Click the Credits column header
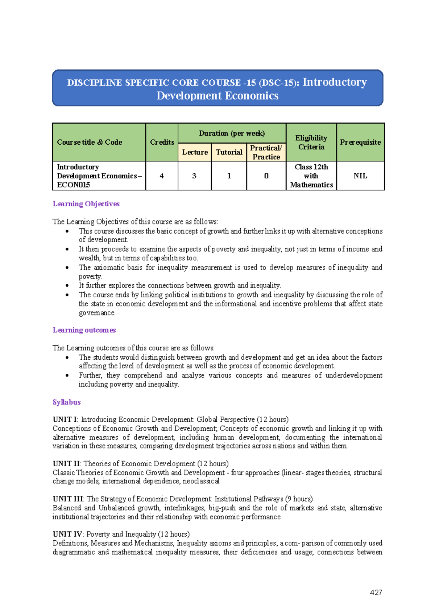point(162,142)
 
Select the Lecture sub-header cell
point(195,152)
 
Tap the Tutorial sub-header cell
point(229,152)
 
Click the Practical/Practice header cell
point(266,152)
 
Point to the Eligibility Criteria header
point(311,142)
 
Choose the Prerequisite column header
point(360,142)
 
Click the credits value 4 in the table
point(162,176)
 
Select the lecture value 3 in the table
point(194,176)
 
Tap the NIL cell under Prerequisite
point(360,176)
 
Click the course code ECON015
point(74,185)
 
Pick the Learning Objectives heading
point(86,204)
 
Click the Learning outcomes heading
point(84,330)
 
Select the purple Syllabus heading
point(67,402)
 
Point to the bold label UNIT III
point(68,499)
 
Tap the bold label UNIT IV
point(67,534)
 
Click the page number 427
point(376,593)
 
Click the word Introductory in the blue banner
point(335,82)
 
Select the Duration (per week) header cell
point(232,133)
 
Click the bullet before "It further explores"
point(67,285)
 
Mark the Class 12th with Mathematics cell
point(311,176)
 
